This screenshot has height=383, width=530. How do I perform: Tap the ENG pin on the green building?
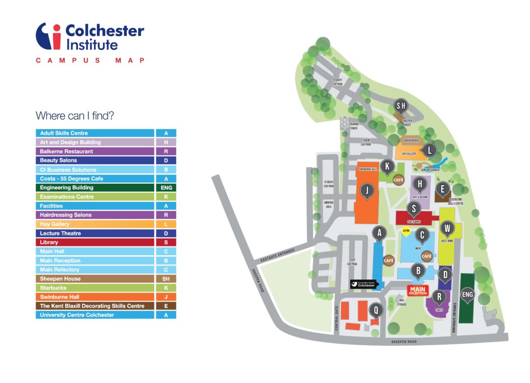point(467,295)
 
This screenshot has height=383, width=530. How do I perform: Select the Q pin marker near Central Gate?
point(376,311)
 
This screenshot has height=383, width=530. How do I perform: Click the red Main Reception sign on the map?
point(418,290)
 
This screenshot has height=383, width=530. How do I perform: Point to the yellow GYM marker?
point(406,230)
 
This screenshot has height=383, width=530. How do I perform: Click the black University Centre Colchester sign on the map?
point(365,284)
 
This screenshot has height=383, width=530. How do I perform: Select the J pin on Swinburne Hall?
point(366,192)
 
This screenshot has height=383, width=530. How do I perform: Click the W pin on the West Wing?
point(448,228)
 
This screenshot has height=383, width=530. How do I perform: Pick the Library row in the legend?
point(95,242)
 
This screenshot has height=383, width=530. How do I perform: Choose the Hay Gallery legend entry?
point(95,224)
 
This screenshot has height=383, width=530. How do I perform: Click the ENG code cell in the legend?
point(166,188)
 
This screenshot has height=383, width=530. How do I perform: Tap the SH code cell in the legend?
point(166,278)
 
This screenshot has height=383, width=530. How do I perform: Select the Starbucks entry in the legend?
point(95,288)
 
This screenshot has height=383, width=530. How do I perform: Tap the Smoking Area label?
point(329,203)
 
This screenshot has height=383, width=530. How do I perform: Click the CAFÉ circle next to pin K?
point(398,180)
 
